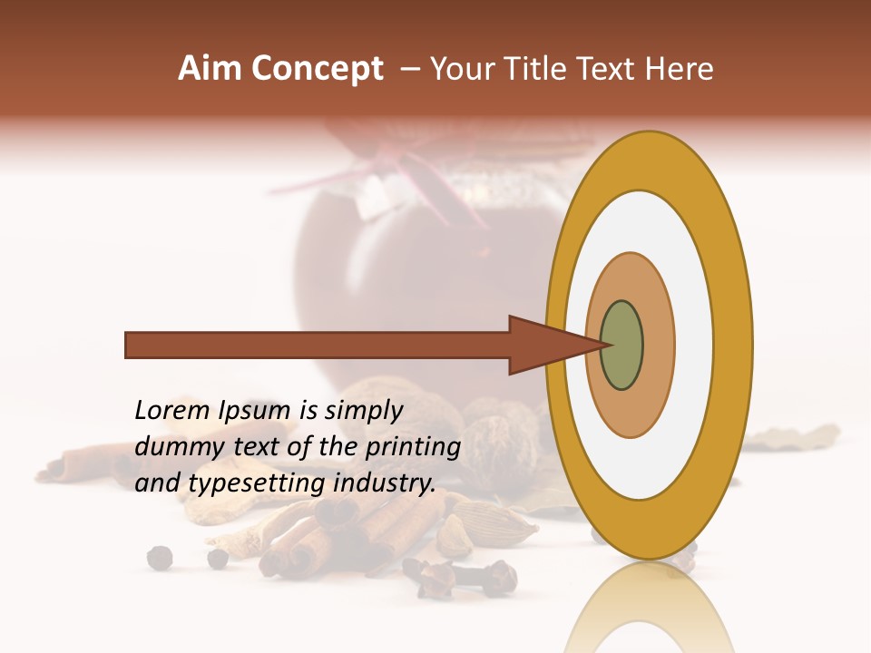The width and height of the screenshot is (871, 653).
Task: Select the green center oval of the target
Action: point(621,346)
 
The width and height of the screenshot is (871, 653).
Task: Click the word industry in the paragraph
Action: point(385,483)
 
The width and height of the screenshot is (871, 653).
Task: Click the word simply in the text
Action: point(363,411)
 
